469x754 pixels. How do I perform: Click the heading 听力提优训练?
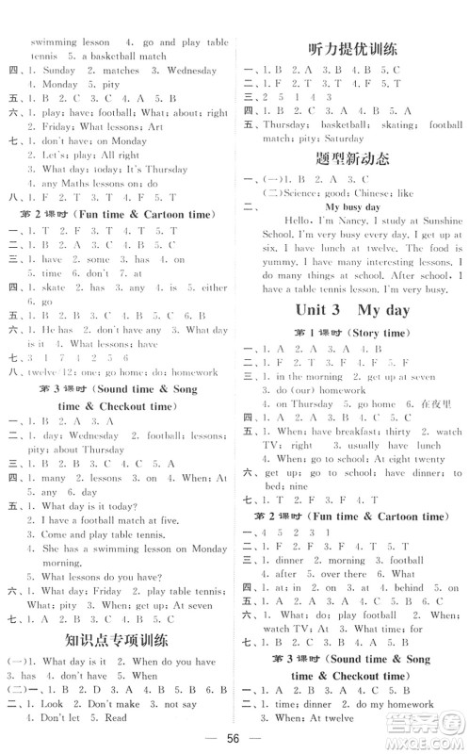point(352,49)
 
